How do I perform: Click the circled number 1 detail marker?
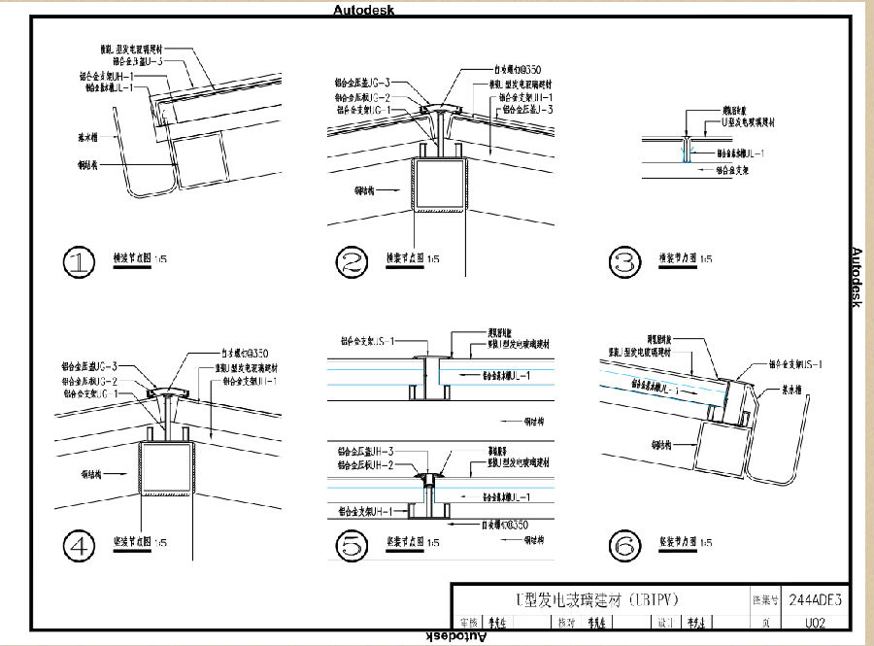[x=79, y=262]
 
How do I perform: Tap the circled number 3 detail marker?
[x=622, y=262]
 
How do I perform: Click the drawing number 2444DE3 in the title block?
[x=815, y=599]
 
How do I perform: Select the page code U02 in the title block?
[x=815, y=624]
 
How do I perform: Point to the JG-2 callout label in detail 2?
[x=363, y=97]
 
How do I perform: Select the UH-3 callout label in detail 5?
[x=365, y=452]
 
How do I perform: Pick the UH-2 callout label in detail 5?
[x=364, y=465]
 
